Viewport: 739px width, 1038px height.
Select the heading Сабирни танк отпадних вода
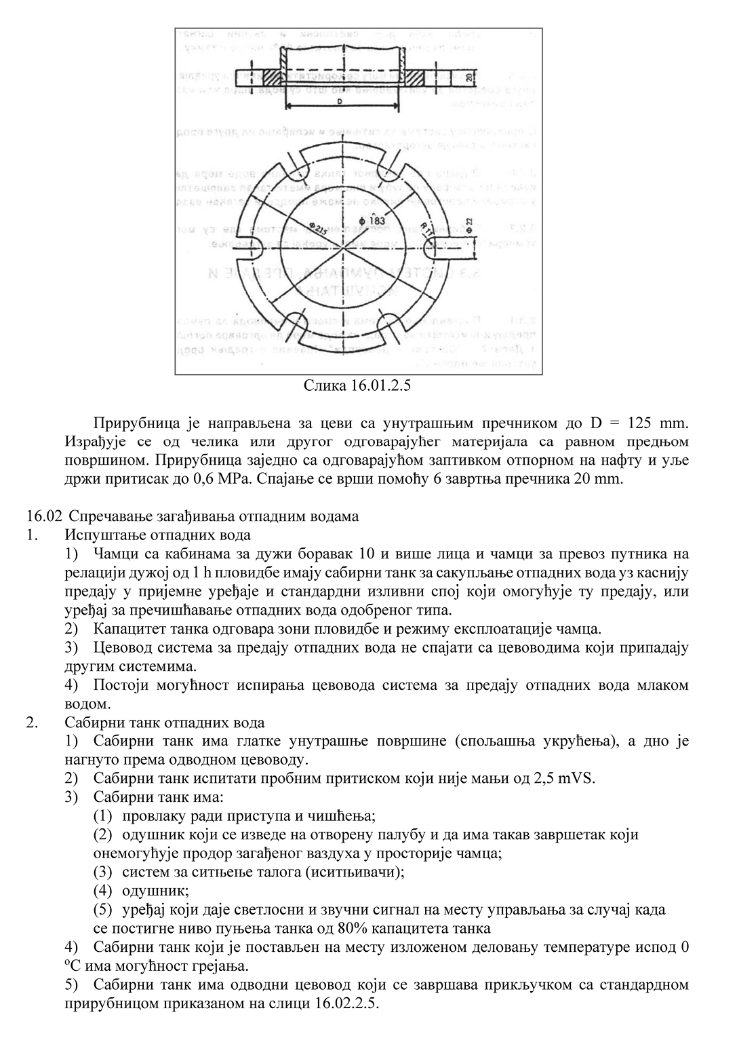[165, 723]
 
